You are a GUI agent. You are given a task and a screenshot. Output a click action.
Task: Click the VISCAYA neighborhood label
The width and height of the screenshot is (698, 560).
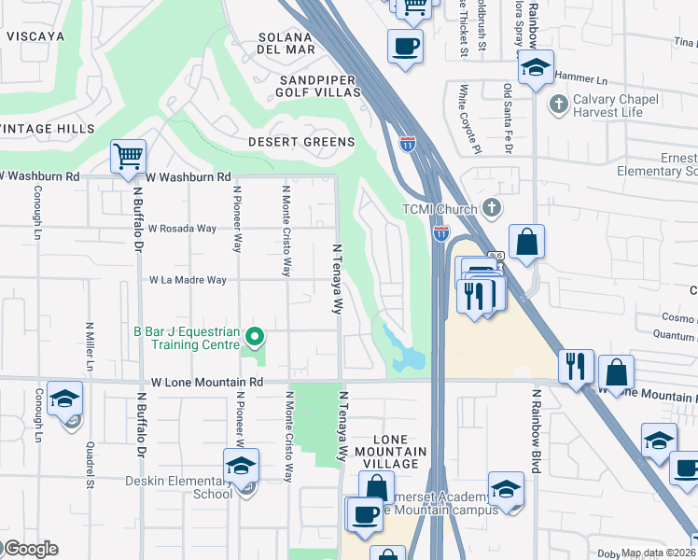pyautogui.click(x=35, y=36)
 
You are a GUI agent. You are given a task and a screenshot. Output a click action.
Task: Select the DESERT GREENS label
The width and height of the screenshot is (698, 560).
pyautogui.click(x=300, y=142)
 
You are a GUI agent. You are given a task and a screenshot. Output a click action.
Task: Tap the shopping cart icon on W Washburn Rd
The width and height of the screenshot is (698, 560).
pyautogui.click(x=128, y=157)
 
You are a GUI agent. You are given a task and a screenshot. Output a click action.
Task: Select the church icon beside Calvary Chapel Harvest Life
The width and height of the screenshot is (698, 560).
pyautogui.click(x=559, y=103)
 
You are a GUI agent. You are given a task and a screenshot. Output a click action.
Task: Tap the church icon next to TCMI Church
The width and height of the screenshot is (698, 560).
pyautogui.click(x=492, y=208)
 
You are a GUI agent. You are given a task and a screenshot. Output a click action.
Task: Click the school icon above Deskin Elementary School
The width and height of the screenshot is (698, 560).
pyautogui.click(x=241, y=465)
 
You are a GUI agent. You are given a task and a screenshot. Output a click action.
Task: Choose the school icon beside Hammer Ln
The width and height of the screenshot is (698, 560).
pyautogui.click(x=536, y=67)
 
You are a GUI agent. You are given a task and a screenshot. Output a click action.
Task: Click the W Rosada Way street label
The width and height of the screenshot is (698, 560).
pyautogui.click(x=182, y=229)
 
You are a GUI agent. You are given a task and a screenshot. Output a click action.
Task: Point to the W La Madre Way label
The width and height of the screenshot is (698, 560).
pyautogui.click(x=188, y=280)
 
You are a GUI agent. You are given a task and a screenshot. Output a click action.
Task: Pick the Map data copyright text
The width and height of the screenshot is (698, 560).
pyautogui.click(x=658, y=553)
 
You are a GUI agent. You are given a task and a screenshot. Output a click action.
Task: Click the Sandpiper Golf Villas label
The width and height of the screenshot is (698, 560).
pyautogui.click(x=319, y=87)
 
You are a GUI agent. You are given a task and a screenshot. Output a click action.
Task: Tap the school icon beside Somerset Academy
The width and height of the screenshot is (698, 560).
pyautogui.click(x=506, y=488)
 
